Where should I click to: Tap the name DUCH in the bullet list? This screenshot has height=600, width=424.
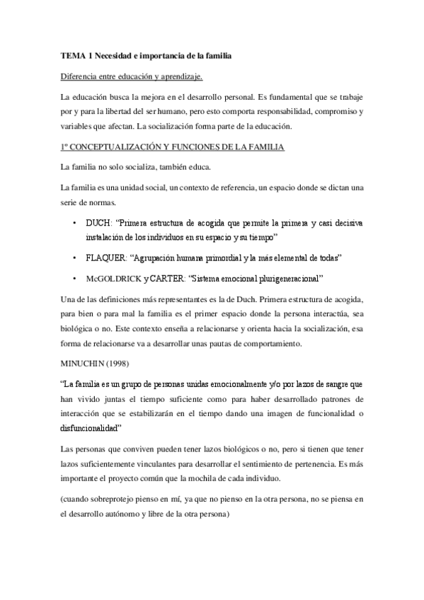tap(98, 223)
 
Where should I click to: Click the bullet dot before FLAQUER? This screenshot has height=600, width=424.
tap(74, 255)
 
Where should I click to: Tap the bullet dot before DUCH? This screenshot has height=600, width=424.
tap(74, 223)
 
